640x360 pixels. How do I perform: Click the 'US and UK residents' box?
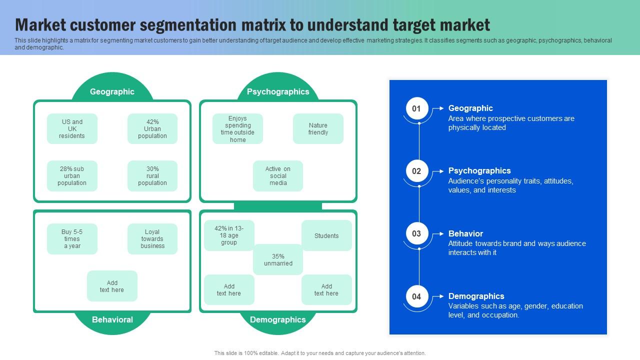point(72,129)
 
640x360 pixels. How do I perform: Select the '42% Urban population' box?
point(152,129)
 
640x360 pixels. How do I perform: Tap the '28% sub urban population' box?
point(72,176)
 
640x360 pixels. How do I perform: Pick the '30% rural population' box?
point(152,176)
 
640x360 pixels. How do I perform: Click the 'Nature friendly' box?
point(318,129)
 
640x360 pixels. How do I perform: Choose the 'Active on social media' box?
point(278,176)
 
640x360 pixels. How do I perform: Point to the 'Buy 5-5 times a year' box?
point(72,239)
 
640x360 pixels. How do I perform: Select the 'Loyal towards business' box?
point(152,239)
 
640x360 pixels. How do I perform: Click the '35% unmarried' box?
point(278,260)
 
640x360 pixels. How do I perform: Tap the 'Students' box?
point(326,235)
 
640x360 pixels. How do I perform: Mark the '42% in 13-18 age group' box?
point(229,235)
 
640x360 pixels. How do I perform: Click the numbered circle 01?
point(416,108)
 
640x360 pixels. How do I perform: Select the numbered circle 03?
point(416,233)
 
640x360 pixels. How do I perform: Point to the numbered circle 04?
point(416,296)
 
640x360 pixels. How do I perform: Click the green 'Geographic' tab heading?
point(112,91)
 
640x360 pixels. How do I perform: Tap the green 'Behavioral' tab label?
point(112,320)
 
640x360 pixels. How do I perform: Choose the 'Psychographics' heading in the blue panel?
point(479,171)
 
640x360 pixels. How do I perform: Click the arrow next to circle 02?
point(438,171)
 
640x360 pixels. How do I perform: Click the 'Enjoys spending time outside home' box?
point(237,129)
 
